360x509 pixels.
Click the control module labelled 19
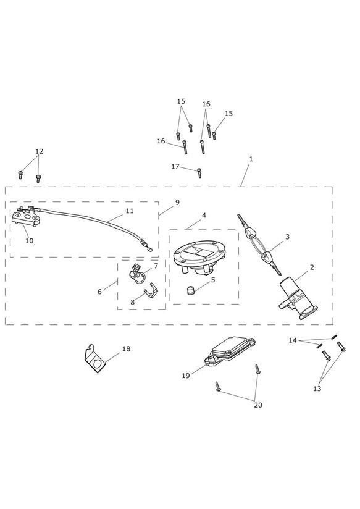pyautogui.click(x=229, y=352)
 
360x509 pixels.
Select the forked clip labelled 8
pyautogui.click(x=151, y=290)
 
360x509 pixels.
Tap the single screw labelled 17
pyautogui.click(x=199, y=173)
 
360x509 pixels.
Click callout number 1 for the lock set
pyautogui.click(x=251, y=159)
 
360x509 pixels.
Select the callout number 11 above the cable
pyautogui.click(x=130, y=211)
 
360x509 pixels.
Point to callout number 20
pyautogui.click(x=257, y=405)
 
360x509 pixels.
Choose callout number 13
pyautogui.click(x=317, y=389)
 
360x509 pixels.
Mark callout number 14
pyautogui.click(x=293, y=340)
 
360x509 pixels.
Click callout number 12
pyautogui.click(x=39, y=151)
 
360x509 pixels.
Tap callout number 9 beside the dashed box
pyautogui.click(x=177, y=202)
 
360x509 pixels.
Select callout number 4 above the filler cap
pyautogui.click(x=204, y=215)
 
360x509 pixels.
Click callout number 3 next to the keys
pyautogui.click(x=287, y=237)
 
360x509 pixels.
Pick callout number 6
pyautogui.click(x=99, y=292)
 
